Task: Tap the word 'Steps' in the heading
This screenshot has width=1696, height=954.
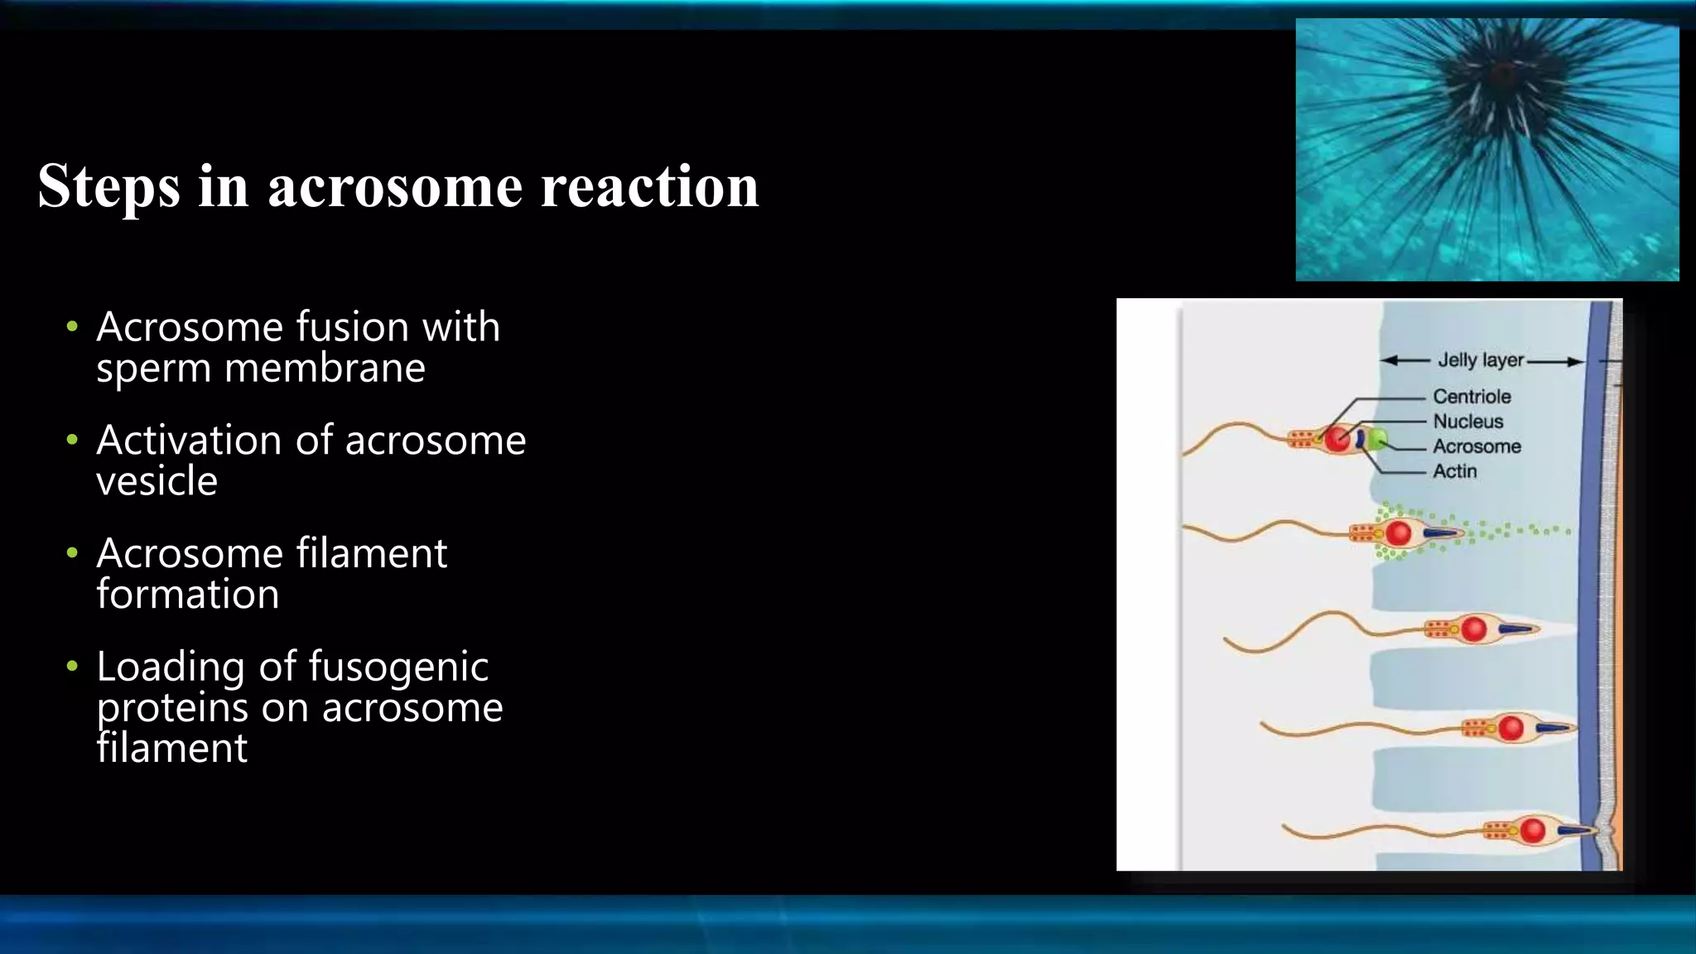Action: (x=108, y=187)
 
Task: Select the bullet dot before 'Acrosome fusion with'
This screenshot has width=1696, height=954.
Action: (x=73, y=327)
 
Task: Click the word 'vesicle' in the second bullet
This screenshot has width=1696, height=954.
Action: (x=157, y=481)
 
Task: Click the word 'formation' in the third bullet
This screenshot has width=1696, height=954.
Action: (x=188, y=595)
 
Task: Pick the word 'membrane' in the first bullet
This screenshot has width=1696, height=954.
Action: (x=325, y=368)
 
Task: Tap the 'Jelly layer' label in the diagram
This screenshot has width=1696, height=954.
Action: (x=1481, y=360)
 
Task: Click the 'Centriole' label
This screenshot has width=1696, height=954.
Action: (x=1472, y=397)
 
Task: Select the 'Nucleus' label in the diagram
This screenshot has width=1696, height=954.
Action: (x=1467, y=422)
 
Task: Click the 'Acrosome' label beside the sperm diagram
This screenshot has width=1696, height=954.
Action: (x=1477, y=446)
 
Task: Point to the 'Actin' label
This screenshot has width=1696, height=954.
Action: (x=1454, y=471)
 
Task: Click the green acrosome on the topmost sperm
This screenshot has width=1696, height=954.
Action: (x=1376, y=439)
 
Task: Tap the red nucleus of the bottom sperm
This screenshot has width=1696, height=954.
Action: (x=1532, y=830)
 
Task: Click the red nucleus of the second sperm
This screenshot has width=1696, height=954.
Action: (x=1399, y=533)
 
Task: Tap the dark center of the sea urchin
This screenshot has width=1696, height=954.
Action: (x=1501, y=77)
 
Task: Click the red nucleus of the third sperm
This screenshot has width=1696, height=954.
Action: (x=1474, y=629)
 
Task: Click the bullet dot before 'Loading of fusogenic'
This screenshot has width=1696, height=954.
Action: (x=73, y=667)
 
